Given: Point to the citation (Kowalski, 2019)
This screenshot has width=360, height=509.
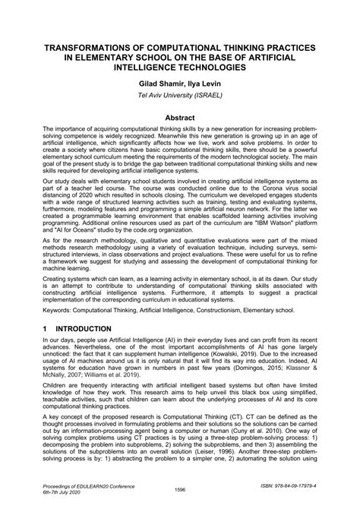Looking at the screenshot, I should [x=252, y=361].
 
